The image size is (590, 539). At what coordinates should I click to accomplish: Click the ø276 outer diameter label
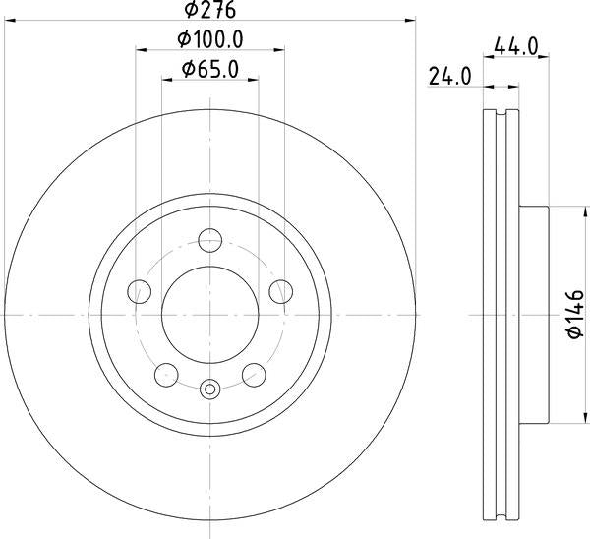(x=211, y=11)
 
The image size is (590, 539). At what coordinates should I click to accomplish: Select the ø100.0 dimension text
(x=210, y=39)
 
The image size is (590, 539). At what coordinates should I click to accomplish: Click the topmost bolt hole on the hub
(x=210, y=240)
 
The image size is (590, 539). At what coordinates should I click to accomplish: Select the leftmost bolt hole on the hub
(x=141, y=291)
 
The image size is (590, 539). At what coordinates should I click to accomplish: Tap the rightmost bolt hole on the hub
(x=281, y=291)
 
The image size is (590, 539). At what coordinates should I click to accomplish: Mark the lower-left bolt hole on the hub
(x=167, y=374)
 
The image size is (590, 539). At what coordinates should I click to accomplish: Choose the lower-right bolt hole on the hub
(x=254, y=374)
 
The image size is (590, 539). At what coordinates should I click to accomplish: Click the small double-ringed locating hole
(x=210, y=389)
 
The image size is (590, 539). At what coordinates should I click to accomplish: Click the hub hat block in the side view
(x=536, y=315)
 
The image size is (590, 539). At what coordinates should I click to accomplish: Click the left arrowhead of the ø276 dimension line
(x=8, y=21)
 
